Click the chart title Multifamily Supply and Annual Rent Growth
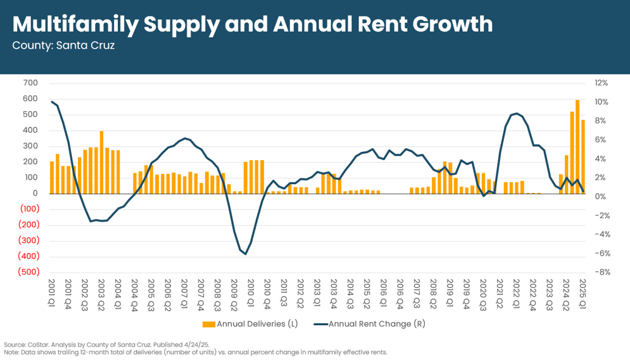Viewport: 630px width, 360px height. pos(252,24)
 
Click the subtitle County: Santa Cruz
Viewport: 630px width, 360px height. pos(63,46)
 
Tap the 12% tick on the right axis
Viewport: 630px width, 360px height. pos(601,83)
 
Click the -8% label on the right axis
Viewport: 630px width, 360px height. pos(602,272)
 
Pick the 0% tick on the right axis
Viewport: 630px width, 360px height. pos(602,197)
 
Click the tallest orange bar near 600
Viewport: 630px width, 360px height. pos(577,147)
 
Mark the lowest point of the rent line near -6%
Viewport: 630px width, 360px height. pos(245,254)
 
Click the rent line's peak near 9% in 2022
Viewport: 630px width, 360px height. pos(517,113)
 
